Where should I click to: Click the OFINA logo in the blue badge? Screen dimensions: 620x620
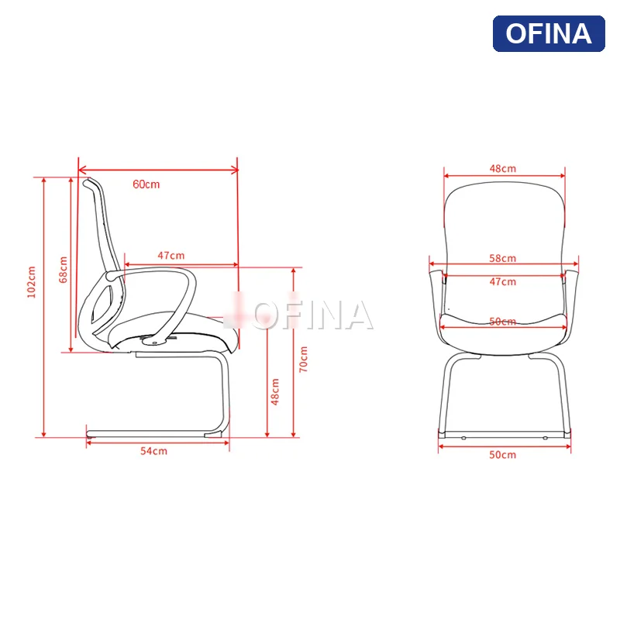click(549, 34)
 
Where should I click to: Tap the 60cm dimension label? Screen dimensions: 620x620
click(146, 184)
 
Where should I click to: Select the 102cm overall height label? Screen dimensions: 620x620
click(32, 282)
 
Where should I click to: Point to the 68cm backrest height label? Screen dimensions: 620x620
click(64, 269)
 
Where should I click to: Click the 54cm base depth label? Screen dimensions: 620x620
click(153, 451)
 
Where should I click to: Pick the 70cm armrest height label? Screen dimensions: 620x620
click(304, 359)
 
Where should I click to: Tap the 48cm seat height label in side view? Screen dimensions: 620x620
click(275, 391)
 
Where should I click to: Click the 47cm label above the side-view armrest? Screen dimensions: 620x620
click(171, 255)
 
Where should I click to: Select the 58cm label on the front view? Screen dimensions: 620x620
click(502, 258)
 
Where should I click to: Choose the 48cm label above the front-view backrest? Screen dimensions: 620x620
click(502, 168)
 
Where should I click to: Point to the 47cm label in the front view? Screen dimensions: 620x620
click(502, 281)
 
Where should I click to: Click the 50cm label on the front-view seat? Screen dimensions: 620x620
click(502, 322)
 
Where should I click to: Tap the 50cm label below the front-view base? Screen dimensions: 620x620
click(502, 454)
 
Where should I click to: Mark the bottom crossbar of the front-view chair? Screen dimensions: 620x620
click(504, 434)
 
